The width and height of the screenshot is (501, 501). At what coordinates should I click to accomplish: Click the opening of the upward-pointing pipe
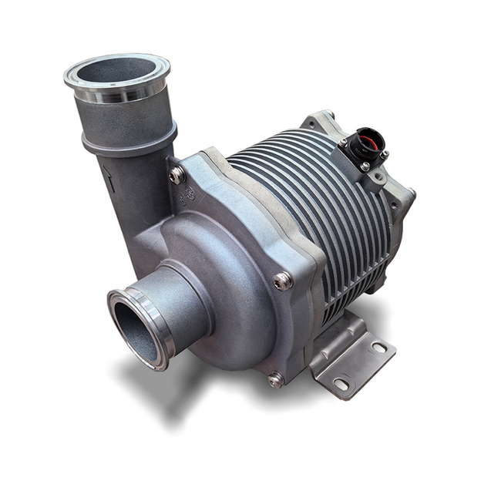point(116,72)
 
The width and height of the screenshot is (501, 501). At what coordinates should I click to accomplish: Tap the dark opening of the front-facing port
point(133,328)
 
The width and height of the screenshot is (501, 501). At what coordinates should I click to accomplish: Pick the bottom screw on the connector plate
point(365,166)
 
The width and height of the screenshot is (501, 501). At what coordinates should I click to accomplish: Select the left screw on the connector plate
point(343,142)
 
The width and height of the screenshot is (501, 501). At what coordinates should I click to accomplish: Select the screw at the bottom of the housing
point(275,379)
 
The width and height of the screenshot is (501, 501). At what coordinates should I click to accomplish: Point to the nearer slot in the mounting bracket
point(341,383)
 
